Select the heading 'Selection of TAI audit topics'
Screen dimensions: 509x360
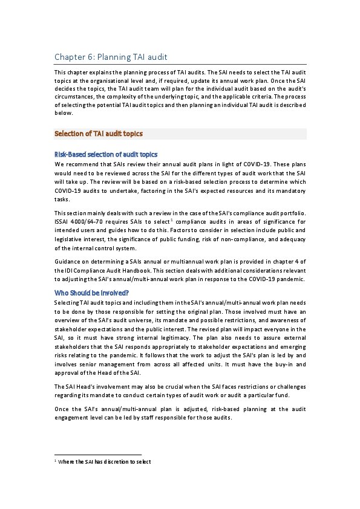[x=99, y=134]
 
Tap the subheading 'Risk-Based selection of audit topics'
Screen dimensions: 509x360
[x=106, y=154]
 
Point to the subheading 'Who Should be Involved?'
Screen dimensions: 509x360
[x=91, y=293]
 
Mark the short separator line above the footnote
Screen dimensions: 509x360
[x=97, y=454]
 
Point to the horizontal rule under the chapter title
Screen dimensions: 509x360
[x=180, y=65]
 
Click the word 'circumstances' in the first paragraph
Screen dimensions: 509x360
[x=74, y=96]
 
